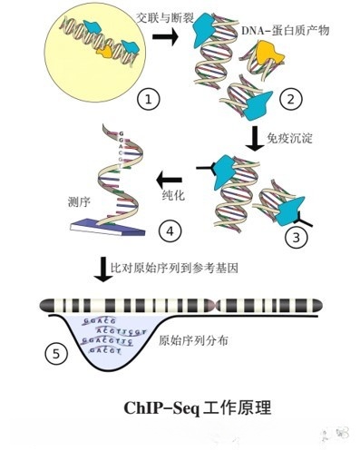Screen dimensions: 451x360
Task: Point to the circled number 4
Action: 170,230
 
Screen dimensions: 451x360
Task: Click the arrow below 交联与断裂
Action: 166,36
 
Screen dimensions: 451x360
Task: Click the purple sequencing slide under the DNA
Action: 102,236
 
